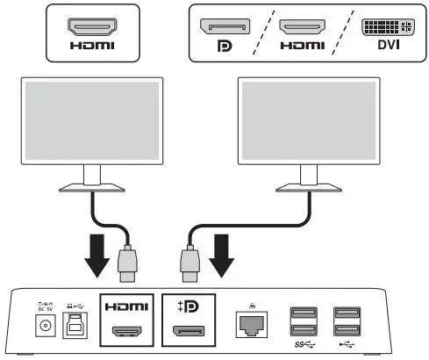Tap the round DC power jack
click(x=39, y=327)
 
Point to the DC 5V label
click(x=39, y=307)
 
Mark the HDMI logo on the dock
click(x=128, y=308)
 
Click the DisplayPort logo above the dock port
click(x=189, y=307)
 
